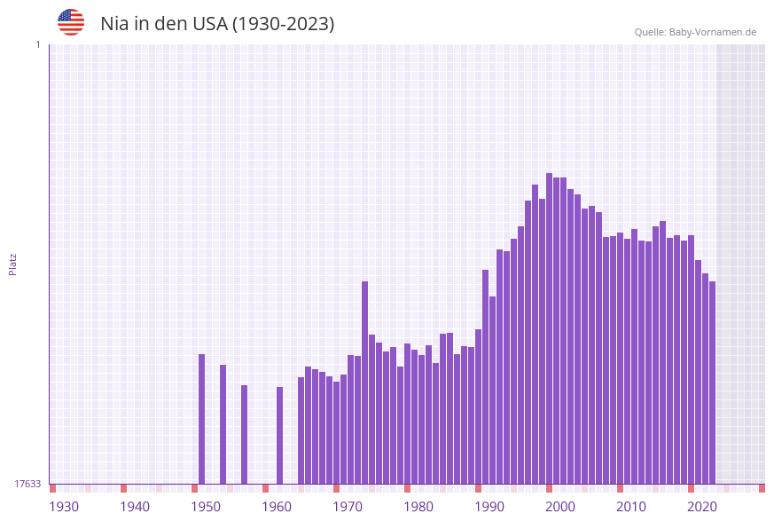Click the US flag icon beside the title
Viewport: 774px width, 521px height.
(x=71, y=22)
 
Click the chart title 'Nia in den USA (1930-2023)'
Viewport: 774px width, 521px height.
(x=217, y=24)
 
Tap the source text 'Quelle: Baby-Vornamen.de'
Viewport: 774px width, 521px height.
(x=694, y=32)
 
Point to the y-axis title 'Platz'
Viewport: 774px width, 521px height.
(x=12, y=264)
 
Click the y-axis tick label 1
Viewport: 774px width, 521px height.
(x=37, y=44)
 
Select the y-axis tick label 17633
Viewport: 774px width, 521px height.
(x=27, y=484)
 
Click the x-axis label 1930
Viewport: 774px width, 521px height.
(x=64, y=507)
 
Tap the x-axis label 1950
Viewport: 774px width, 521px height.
(x=206, y=507)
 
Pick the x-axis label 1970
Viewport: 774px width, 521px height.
(x=348, y=507)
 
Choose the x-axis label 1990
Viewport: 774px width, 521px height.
(x=489, y=507)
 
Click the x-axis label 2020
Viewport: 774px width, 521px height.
(x=702, y=507)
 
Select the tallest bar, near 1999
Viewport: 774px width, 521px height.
(x=549, y=328)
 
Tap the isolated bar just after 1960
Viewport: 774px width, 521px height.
(x=279, y=435)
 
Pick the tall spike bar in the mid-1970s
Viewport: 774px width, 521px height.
(x=364, y=382)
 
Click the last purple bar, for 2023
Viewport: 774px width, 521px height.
(x=712, y=382)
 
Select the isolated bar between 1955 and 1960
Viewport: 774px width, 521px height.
(x=244, y=434)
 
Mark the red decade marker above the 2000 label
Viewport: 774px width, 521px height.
(x=549, y=488)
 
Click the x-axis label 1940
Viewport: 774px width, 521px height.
(x=135, y=507)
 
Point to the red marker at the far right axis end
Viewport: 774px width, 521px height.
(x=762, y=488)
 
